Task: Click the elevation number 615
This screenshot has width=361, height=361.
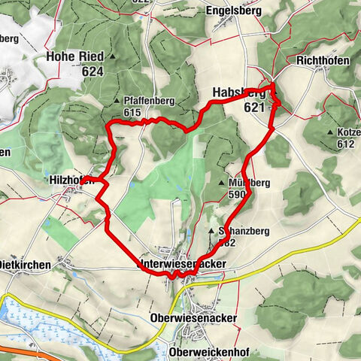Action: click(x=132, y=112)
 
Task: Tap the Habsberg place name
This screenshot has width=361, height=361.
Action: click(x=239, y=93)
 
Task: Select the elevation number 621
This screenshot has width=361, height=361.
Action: click(x=255, y=108)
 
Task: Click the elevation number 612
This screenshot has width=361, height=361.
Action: click(x=345, y=144)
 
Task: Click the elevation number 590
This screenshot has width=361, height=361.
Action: click(x=235, y=194)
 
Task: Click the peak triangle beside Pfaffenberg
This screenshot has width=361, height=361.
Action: click(x=117, y=100)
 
